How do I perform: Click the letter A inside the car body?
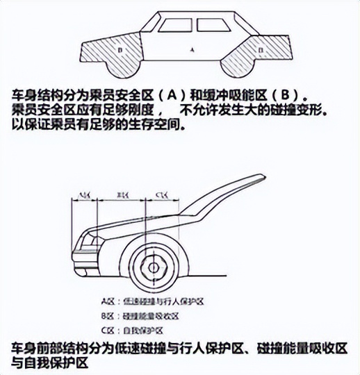(192, 51)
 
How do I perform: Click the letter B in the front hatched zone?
(120, 51)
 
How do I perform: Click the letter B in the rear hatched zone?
(260, 51)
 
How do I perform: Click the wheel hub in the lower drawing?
(154, 267)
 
